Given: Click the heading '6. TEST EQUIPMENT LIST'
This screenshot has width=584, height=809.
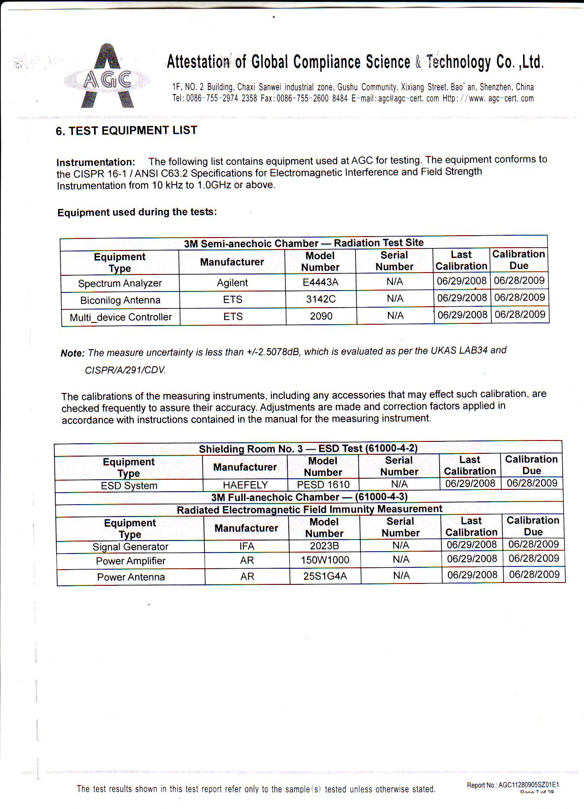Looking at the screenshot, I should pos(126,131).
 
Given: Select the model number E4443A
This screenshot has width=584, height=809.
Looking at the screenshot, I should pos(321,282).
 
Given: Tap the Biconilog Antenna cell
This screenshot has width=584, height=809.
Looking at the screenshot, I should pos(120,300).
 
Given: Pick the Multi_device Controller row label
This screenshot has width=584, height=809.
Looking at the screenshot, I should pos(120,317).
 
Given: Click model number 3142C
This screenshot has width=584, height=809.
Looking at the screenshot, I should pos(321,299).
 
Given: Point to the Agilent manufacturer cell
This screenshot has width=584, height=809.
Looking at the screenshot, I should pos(232,283).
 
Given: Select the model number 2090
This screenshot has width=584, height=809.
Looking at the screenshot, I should pos(321,316).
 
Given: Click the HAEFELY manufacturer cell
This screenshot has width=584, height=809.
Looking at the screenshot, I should pos(245,485).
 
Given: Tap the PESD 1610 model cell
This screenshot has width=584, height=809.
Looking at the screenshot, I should pos(323,485).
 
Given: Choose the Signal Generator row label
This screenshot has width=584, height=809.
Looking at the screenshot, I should pos(130,547).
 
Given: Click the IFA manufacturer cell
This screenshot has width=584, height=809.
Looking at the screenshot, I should pos(247,546).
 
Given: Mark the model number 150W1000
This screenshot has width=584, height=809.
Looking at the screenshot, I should pos(325,560).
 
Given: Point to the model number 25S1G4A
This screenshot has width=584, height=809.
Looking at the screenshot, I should pos(325,576).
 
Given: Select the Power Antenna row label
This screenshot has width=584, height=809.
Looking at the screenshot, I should pos(131,577).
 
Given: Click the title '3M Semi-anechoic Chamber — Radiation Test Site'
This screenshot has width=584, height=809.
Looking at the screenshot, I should pos(304,243).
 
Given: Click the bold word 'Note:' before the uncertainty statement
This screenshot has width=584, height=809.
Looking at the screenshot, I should pos(72,353).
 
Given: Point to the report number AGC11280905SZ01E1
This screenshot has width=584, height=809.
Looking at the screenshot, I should pos(529,785).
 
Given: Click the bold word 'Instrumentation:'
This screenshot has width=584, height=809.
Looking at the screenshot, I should pos(95,162).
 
